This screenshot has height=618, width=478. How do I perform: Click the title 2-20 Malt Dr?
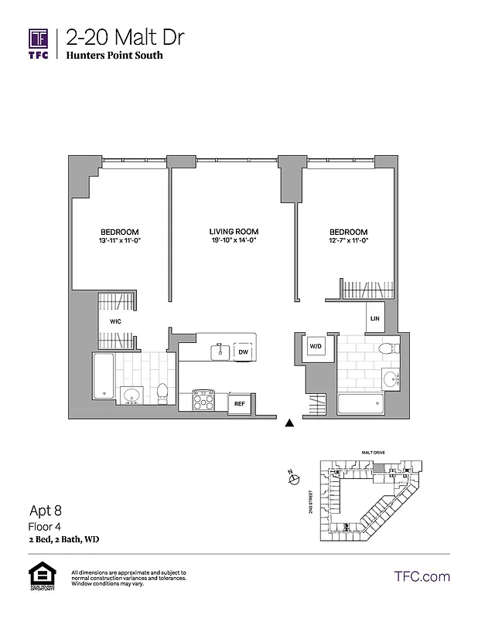(125, 37)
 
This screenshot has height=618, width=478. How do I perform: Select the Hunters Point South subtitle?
(114, 56)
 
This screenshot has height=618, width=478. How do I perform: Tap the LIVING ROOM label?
(234, 232)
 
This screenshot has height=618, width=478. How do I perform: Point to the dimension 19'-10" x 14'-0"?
(234, 241)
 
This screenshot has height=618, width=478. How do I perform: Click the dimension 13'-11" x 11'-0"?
(120, 241)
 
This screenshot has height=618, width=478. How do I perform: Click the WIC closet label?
(114, 320)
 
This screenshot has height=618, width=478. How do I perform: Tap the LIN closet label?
(375, 318)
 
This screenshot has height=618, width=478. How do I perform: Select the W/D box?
(316, 346)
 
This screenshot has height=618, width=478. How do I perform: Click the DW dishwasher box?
(243, 351)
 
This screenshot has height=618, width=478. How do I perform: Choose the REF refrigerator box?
(240, 402)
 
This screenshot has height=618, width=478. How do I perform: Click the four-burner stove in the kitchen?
(203, 400)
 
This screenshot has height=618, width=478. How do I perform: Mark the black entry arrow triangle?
(289, 423)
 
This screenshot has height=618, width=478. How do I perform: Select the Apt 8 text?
(46, 510)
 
